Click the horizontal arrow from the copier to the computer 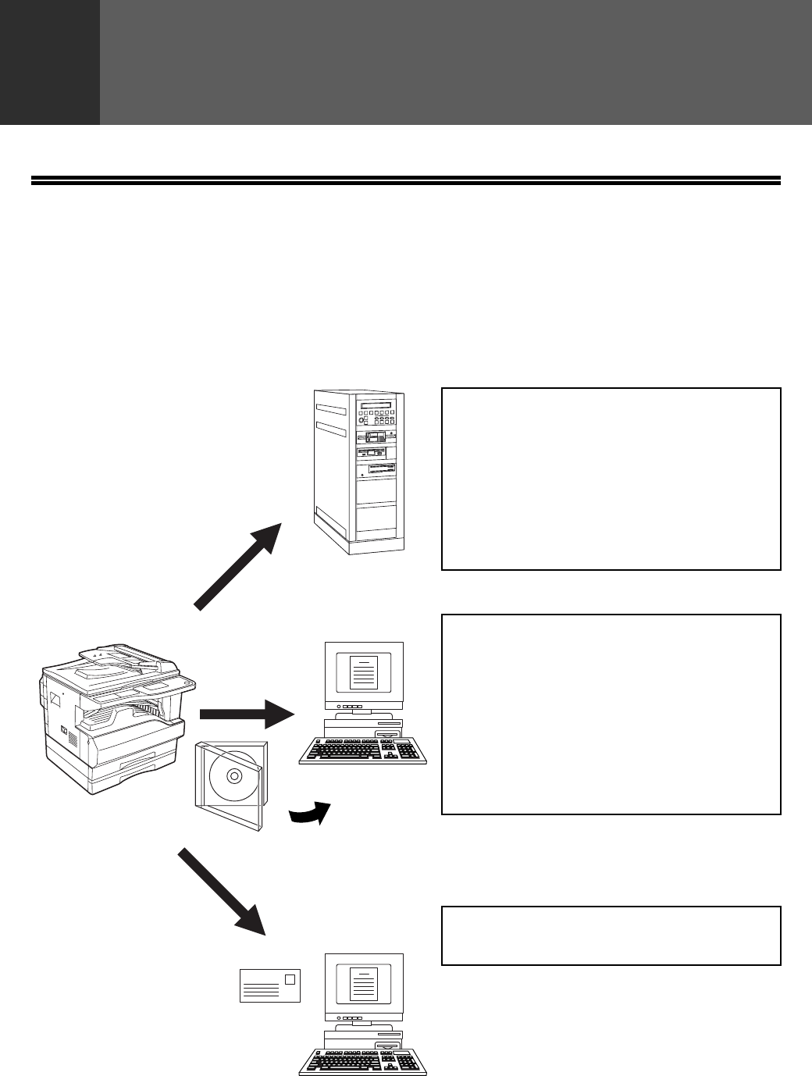tap(247, 713)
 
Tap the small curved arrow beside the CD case tap(310, 813)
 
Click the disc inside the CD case tap(232, 777)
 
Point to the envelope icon tap(269, 985)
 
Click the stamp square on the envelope tap(290, 978)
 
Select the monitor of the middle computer tap(364, 672)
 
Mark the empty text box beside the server tap(611, 479)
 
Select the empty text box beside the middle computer tap(611, 714)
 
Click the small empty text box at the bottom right tap(611, 935)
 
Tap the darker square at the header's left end tap(50, 62)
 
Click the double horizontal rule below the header tap(406, 181)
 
